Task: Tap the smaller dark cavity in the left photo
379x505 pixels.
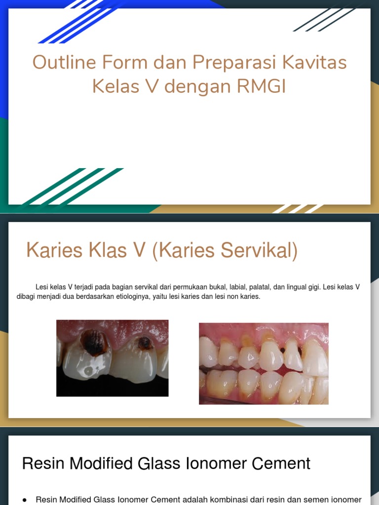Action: click(x=145, y=342)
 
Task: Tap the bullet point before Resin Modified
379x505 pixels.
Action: click(x=25, y=500)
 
